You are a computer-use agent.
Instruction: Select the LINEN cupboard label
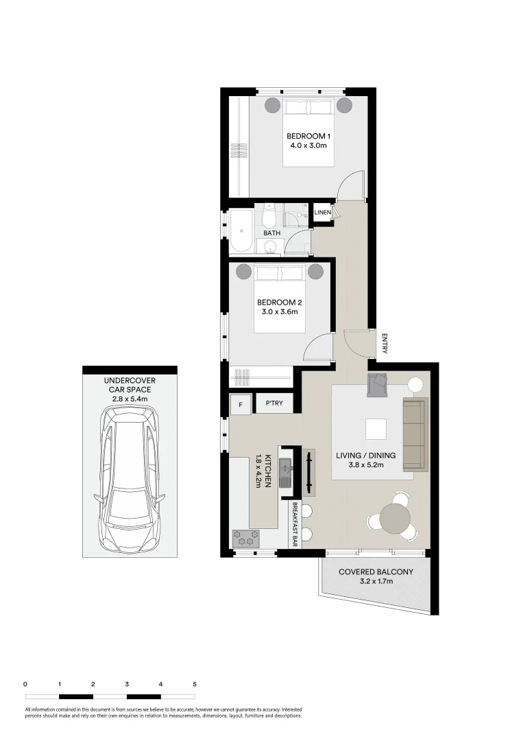click(x=322, y=213)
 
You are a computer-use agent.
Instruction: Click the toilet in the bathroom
click(x=269, y=217)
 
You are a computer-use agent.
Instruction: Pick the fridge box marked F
click(x=240, y=405)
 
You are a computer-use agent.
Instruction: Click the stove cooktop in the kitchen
click(x=246, y=538)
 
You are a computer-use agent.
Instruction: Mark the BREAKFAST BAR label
click(x=295, y=524)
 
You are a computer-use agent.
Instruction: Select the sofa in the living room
click(x=413, y=435)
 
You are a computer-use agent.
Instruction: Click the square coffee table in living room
click(x=375, y=429)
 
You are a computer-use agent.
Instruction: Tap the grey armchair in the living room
click(x=378, y=385)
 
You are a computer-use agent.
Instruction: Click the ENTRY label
click(x=385, y=343)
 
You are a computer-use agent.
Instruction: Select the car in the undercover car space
click(x=129, y=478)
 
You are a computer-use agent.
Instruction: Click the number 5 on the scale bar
click(x=195, y=684)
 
